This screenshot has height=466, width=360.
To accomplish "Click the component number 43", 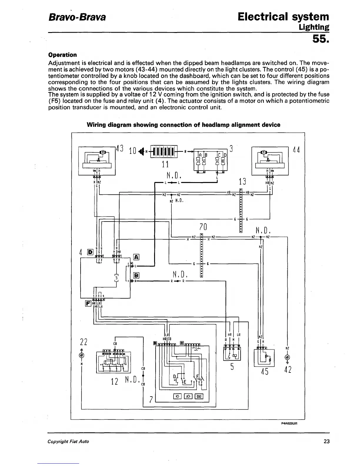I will [120, 149].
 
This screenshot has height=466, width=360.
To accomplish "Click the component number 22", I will [84, 342].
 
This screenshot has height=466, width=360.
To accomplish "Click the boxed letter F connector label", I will [88, 303].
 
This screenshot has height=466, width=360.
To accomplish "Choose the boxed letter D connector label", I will [90, 252].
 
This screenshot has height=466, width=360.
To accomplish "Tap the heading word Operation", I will [62, 55].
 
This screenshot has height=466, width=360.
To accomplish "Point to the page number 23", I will [326, 441].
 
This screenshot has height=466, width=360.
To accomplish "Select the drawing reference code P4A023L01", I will [290, 424].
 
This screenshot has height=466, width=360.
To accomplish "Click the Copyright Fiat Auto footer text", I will [69, 441].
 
